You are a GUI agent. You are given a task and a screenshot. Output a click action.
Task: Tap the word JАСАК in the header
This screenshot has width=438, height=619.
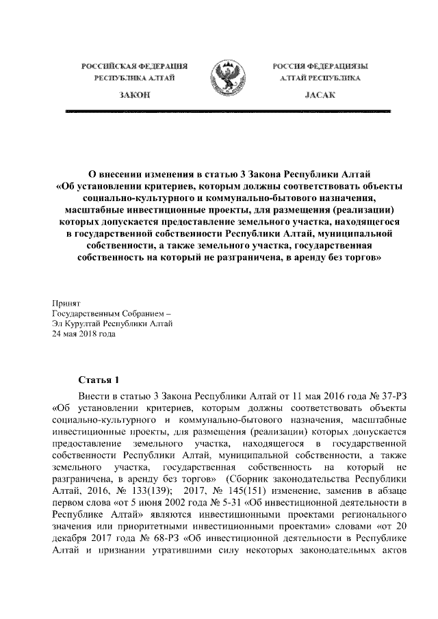tap(320, 95)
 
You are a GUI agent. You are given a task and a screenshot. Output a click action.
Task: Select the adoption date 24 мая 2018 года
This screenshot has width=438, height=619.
tap(83, 335)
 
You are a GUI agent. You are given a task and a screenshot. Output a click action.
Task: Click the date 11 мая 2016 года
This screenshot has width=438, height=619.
tap(322, 397)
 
